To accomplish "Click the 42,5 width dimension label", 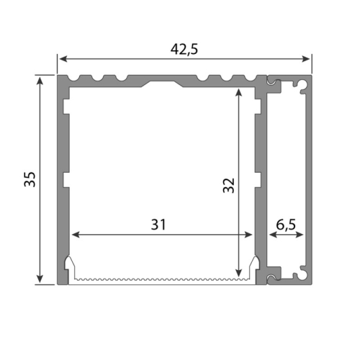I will (184, 49).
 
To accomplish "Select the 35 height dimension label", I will (30, 179).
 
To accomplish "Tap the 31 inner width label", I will (158, 225).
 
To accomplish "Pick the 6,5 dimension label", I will (286, 225).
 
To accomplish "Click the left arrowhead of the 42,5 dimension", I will (61, 58).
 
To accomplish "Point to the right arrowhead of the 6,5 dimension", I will (300, 234).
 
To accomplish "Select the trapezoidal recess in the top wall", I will (164, 84).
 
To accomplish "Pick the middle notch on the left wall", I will (66, 180).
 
